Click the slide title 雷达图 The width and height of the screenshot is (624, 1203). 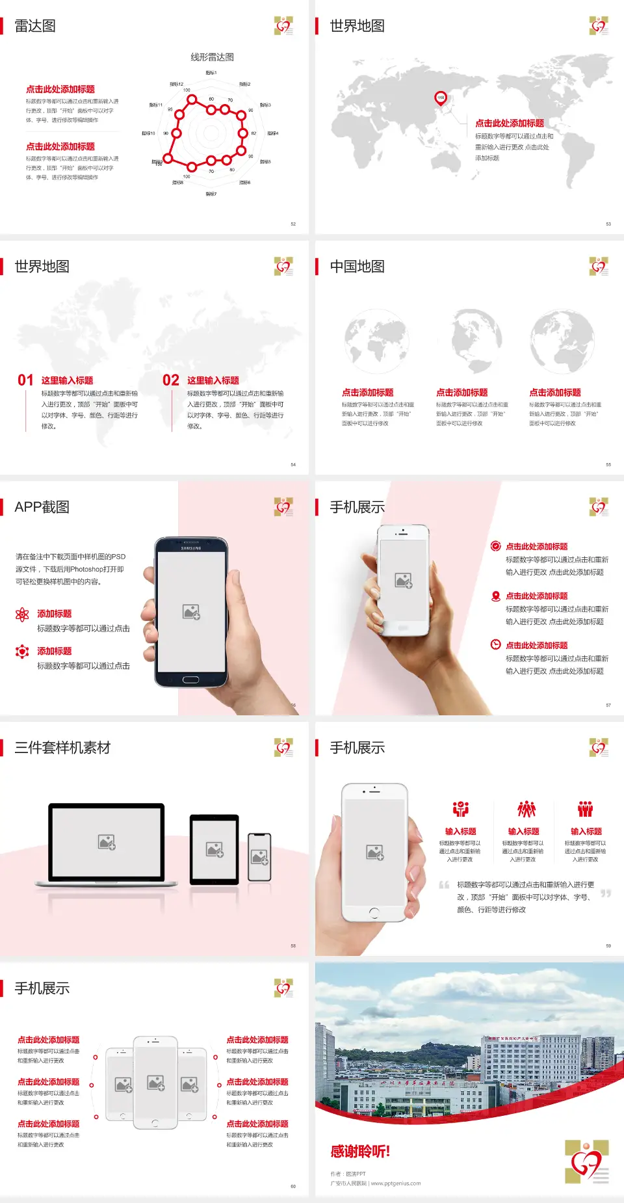[x=35, y=26]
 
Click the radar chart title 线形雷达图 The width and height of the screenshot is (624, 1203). [x=212, y=57]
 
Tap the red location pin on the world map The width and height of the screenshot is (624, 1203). [x=441, y=98]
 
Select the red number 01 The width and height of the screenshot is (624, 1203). [x=25, y=380]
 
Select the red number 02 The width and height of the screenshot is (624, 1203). [x=171, y=380]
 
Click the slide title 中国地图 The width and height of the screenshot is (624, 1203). [x=357, y=267]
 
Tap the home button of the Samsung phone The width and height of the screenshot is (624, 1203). [x=190, y=680]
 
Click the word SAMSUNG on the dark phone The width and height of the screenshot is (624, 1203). [x=190, y=548]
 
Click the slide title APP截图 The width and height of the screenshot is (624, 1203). [x=42, y=507]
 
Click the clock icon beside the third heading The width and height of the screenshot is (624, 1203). [x=495, y=644]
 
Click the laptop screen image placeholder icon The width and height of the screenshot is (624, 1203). [x=107, y=842]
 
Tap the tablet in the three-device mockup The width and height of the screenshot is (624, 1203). [x=214, y=849]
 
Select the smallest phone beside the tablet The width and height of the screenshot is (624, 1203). [x=259, y=857]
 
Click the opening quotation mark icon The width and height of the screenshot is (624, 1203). [x=444, y=885]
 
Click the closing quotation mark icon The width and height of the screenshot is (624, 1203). [x=606, y=893]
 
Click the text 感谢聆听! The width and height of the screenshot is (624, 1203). [x=360, y=1152]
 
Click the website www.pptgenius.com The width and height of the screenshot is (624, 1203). [x=396, y=1183]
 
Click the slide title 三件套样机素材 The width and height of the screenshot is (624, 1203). [x=62, y=748]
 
